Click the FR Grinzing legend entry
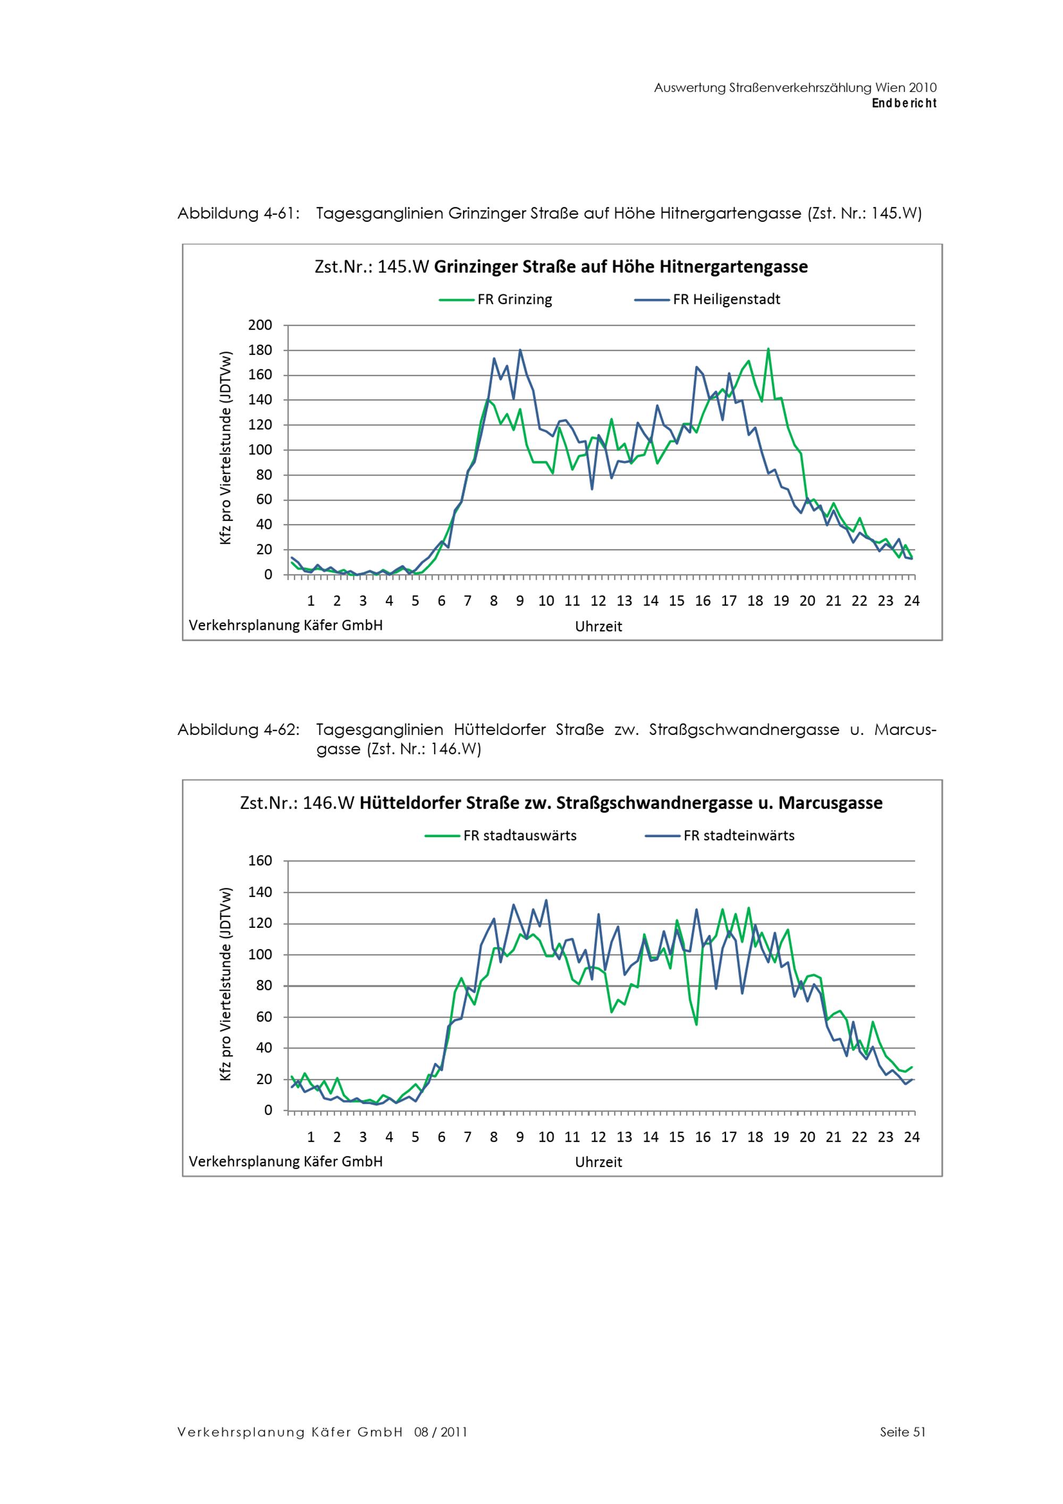click(496, 299)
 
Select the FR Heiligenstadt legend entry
click(707, 299)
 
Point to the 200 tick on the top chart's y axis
click(260, 325)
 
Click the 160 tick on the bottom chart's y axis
click(260, 861)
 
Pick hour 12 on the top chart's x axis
click(598, 601)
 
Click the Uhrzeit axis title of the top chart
click(598, 626)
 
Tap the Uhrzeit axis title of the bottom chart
click(598, 1162)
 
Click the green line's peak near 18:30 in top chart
click(768, 349)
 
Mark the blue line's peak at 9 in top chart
click(520, 350)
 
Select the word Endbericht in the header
click(904, 103)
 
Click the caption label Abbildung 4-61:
click(239, 214)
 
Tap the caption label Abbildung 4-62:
click(239, 730)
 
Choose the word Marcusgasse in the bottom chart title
click(831, 803)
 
